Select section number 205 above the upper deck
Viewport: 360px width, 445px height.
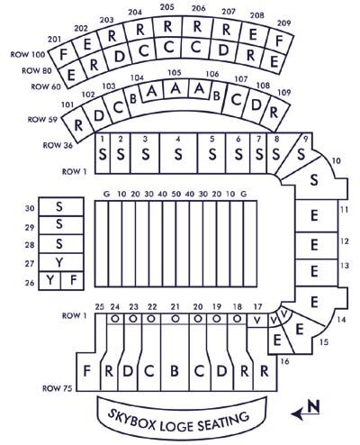point(167,6)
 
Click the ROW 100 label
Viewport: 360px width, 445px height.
point(28,55)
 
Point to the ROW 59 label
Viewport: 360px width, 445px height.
point(42,120)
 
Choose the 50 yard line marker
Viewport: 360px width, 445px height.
point(176,194)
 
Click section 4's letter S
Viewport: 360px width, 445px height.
point(178,154)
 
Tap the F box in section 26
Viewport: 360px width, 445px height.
point(72,281)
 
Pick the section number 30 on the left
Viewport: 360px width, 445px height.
point(30,208)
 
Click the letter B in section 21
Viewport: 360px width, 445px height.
point(175,371)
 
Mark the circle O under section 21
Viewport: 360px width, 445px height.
point(175,319)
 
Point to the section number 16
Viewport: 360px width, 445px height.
point(284,361)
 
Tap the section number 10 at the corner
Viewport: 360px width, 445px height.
point(337,161)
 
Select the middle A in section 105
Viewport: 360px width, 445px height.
point(176,89)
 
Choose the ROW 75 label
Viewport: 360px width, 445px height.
point(58,388)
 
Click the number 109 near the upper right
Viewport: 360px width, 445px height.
point(284,92)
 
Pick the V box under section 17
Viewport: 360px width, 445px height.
point(257,321)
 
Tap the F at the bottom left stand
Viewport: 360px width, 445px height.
point(86,371)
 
